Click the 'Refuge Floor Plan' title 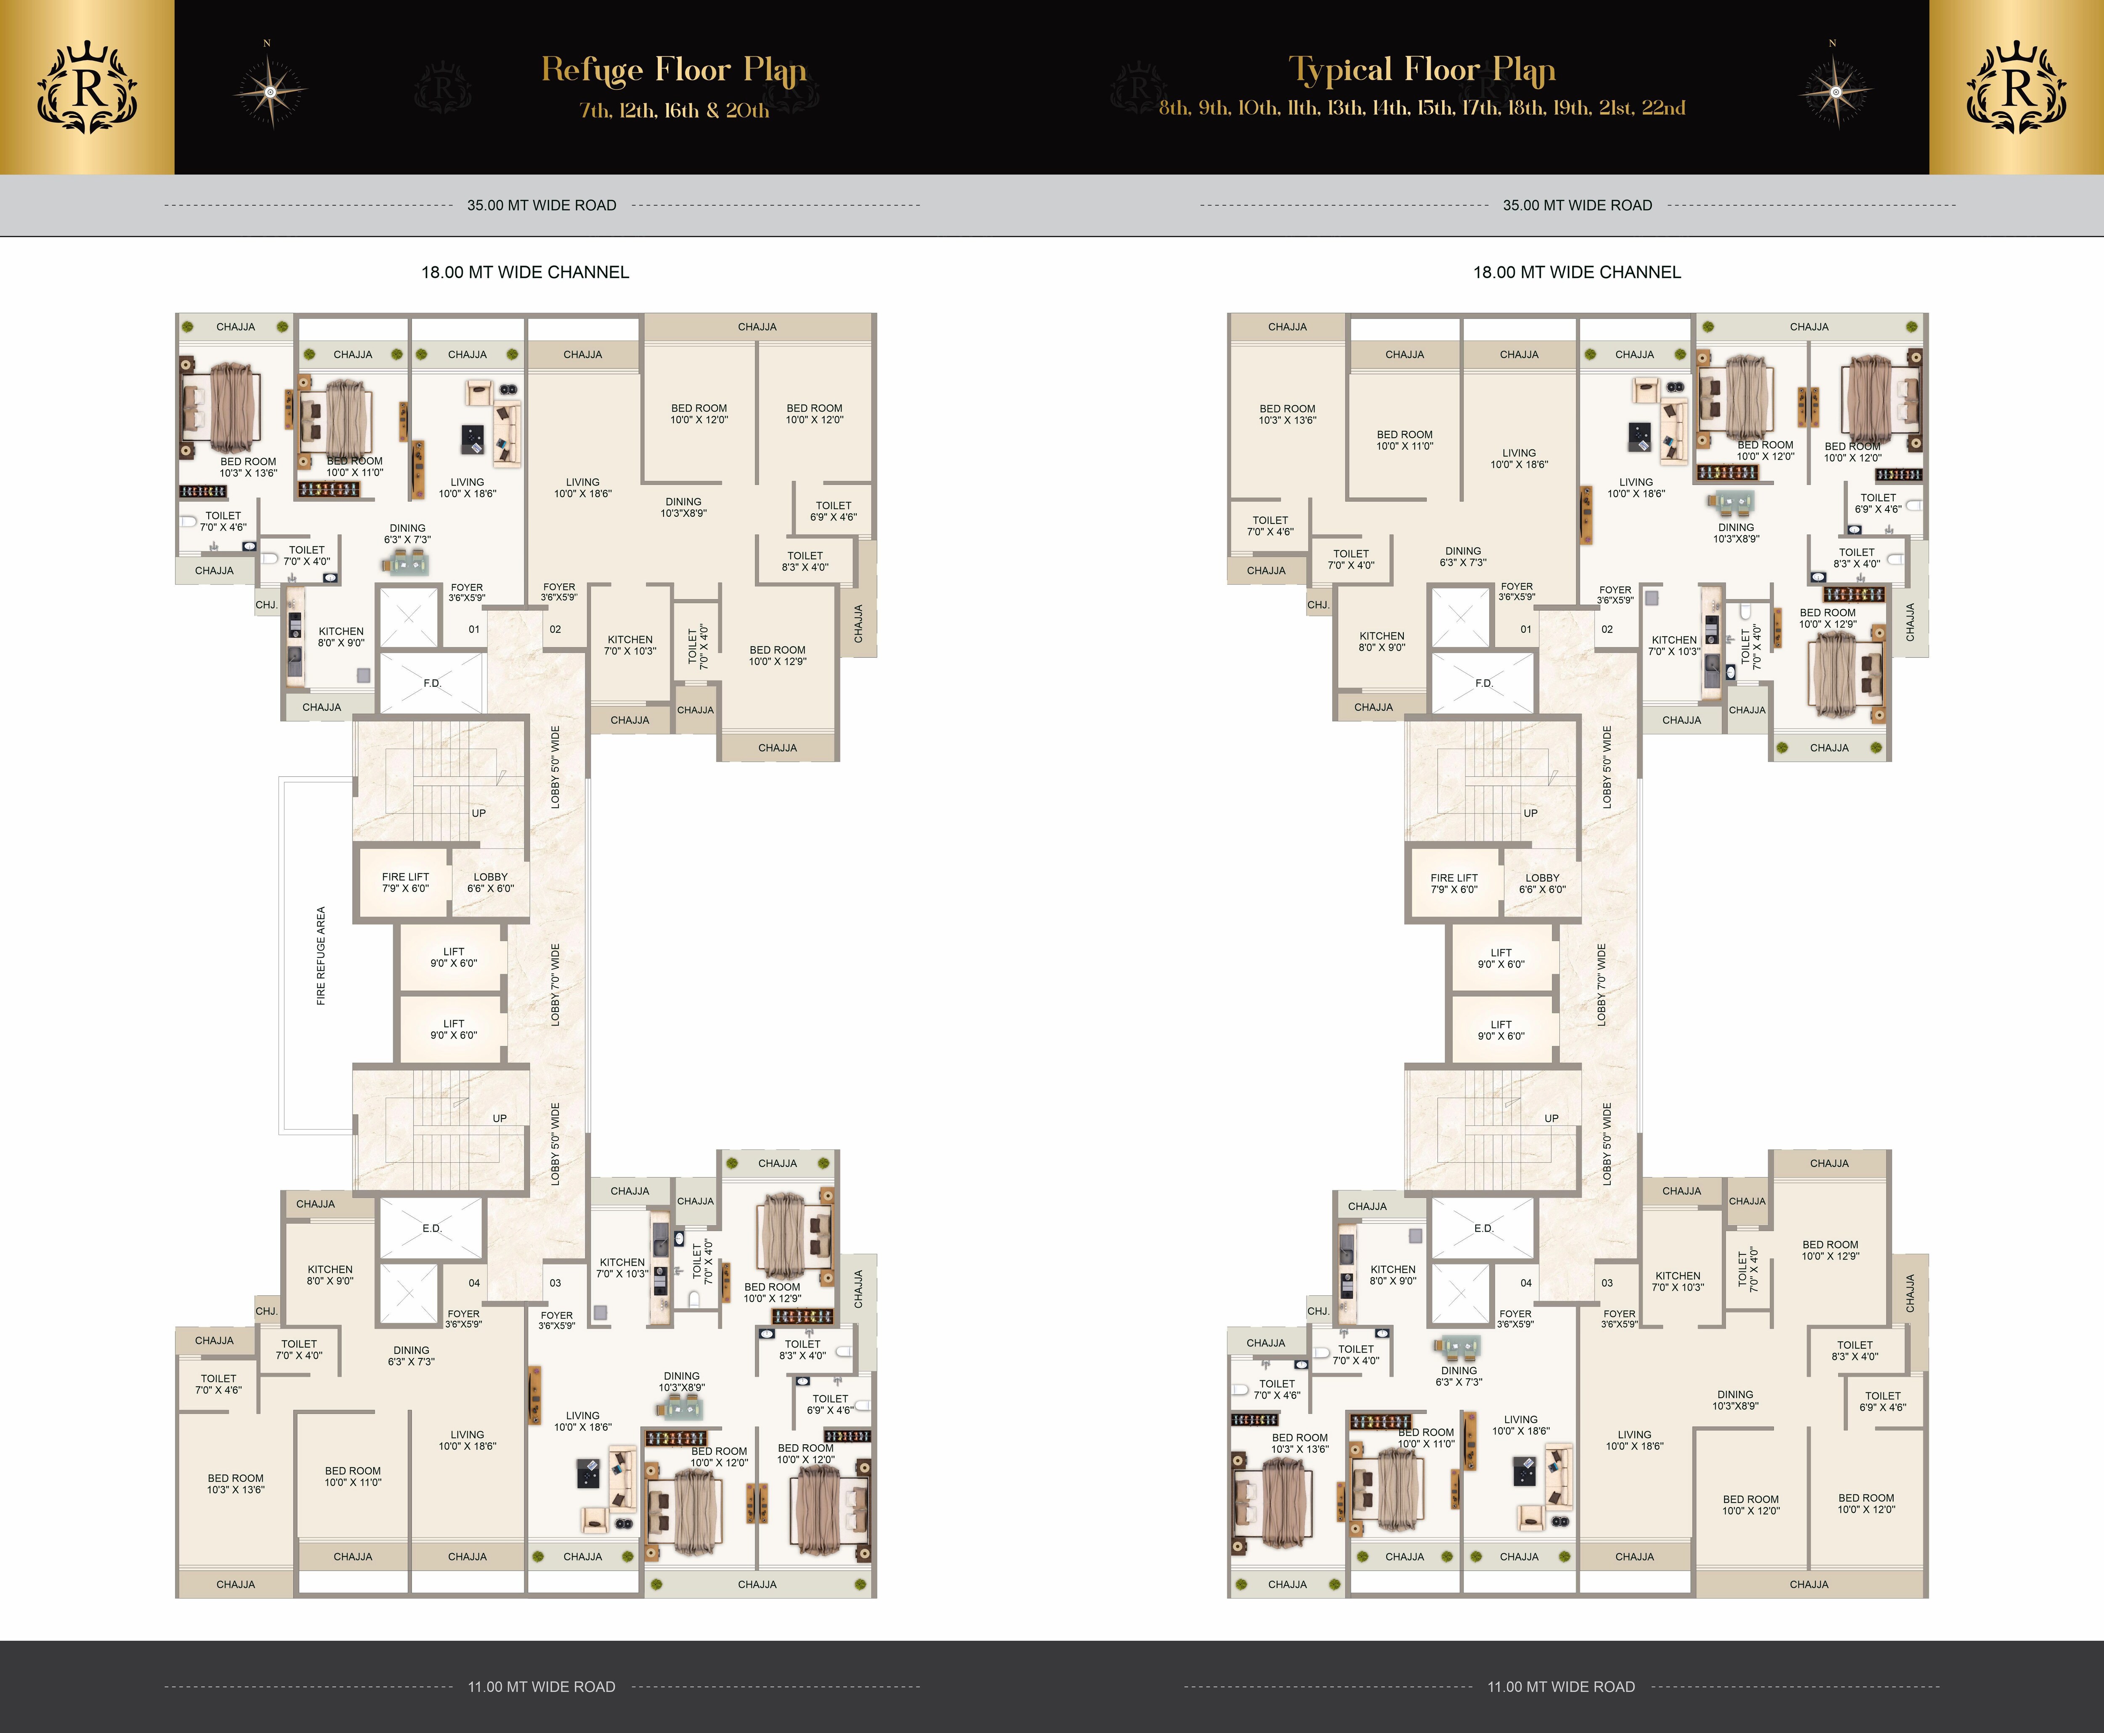(674, 70)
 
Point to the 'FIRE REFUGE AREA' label (320, 955)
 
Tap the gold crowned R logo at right (2016, 88)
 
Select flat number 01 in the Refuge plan (474, 629)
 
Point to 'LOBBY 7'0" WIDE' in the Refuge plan (555, 984)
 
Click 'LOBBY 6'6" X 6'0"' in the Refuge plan (490, 882)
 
